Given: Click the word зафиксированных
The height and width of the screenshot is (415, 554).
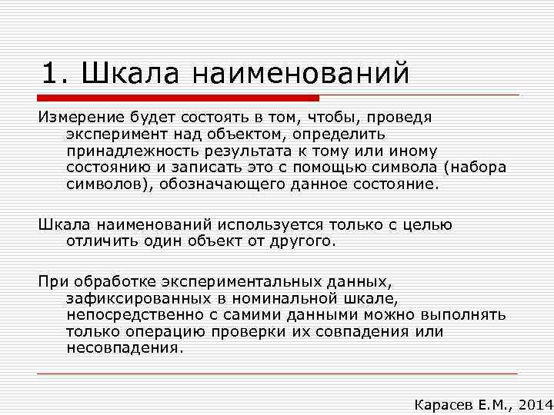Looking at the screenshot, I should pos(136,298).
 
